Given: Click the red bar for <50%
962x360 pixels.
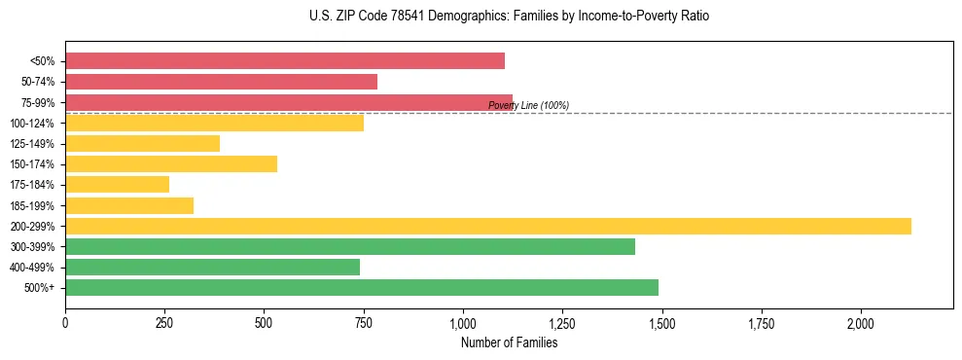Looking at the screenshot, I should (x=285, y=61).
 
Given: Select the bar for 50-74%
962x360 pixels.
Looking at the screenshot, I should (x=221, y=82).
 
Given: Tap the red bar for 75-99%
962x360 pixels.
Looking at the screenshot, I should (x=289, y=102).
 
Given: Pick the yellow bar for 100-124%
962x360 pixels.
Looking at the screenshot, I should (x=214, y=123).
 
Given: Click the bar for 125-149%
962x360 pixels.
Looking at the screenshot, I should (x=142, y=143).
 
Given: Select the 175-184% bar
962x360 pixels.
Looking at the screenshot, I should (x=117, y=184).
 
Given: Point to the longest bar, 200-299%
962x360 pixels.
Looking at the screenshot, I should (x=488, y=226).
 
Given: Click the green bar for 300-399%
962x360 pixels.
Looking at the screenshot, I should (x=350, y=246).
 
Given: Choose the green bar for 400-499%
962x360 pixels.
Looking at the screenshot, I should (x=212, y=267).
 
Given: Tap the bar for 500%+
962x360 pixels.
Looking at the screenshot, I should (x=362, y=287).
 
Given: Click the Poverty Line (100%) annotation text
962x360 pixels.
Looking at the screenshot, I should (x=528, y=105).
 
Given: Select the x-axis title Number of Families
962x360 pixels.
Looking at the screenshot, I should (x=509, y=342).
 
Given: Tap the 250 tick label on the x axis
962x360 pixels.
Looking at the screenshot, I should (x=164, y=322).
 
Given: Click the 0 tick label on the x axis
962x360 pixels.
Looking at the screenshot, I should (x=65, y=322).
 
